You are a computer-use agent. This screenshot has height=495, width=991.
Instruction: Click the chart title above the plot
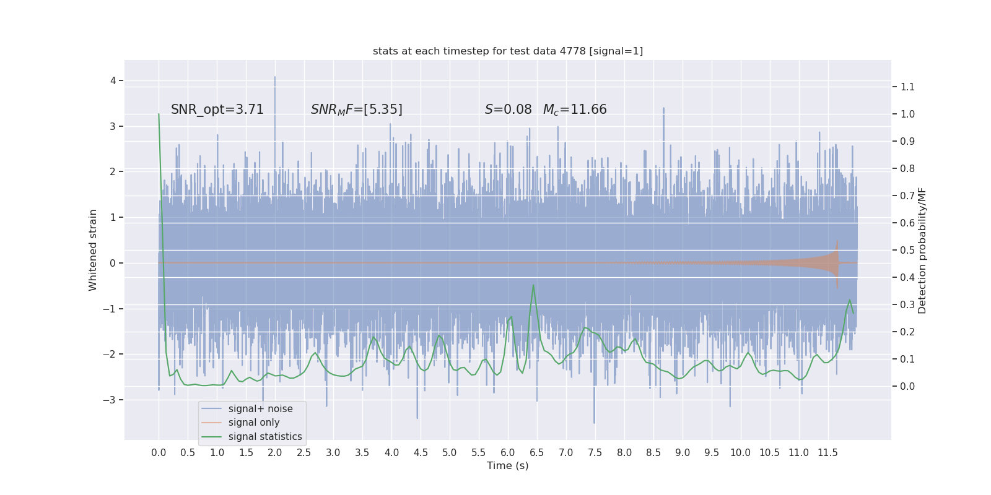click(x=508, y=51)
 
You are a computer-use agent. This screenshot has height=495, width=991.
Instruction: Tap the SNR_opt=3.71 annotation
click(x=217, y=110)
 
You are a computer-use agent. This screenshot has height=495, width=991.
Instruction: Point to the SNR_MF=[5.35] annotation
click(x=357, y=110)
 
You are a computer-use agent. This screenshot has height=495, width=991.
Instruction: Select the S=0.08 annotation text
click(x=508, y=110)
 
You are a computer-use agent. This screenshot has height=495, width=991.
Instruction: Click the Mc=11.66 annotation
click(x=575, y=110)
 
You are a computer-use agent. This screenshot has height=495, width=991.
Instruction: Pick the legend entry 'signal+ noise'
click(x=260, y=409)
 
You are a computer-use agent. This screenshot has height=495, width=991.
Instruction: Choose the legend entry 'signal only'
click(x=254, y=423)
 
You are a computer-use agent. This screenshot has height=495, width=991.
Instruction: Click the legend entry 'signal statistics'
click(x=265, y=437)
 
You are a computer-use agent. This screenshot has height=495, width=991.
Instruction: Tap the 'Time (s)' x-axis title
click(x=508, y=466)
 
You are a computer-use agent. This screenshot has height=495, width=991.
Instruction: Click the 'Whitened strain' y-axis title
click(x=93, y=250)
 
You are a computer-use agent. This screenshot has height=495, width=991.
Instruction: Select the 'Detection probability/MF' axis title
click(x=922, y=250)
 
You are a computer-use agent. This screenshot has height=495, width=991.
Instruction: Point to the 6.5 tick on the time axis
click(x=537, y=452)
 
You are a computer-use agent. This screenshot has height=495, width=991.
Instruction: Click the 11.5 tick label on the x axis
click(x=827, y=452)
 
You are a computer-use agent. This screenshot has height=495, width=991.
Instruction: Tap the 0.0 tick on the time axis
click(x=159, y=452)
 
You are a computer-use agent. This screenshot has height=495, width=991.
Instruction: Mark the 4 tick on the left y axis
click(x=113, y=80)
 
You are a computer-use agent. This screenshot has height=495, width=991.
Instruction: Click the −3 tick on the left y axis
click(x=110, y=400)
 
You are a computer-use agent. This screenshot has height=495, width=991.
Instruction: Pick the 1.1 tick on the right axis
click(x=907, y=87)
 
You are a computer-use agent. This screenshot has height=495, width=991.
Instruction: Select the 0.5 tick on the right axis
click(x=907, y=250)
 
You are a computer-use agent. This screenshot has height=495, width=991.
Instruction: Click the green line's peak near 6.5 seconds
click(x=533, y=285)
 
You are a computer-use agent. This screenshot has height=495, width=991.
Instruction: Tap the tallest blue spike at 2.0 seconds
click(x=275, y=78)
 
